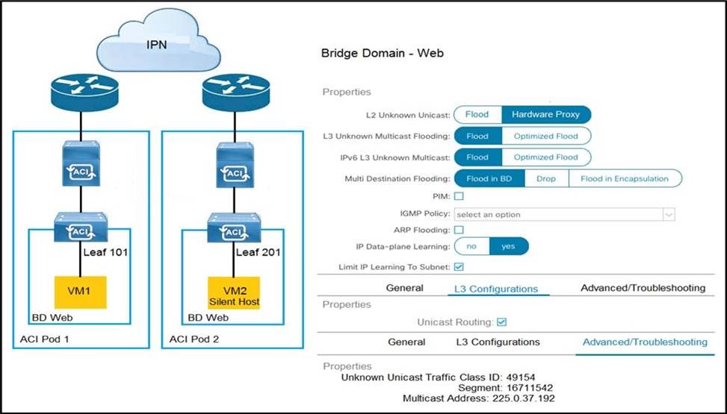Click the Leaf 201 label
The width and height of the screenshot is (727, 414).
[257, 252]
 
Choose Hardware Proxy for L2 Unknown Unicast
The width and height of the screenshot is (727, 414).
[546, 115]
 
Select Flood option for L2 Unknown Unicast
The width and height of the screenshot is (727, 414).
[477, 115]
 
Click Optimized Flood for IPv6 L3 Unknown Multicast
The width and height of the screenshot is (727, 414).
[545, 157]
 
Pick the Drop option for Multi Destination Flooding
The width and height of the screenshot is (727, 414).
[546, 179]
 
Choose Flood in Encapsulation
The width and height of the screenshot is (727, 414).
[624, 179]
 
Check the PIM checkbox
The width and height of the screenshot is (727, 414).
[459, 196]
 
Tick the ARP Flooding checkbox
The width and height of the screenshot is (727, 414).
[459, 230]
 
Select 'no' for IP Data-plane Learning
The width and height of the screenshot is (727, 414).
[471, 247]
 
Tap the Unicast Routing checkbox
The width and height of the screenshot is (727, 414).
[502, 322]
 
